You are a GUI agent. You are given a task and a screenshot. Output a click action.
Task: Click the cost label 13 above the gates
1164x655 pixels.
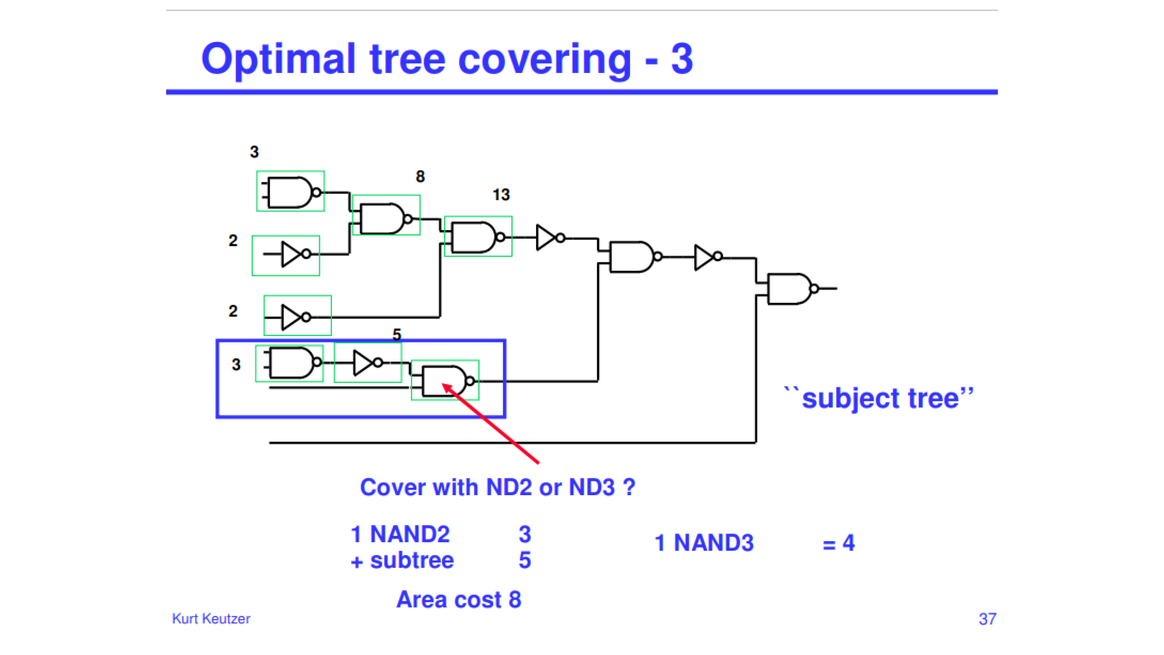[x=501, y=195]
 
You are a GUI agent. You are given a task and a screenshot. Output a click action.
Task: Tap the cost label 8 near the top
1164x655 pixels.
[x=420, y=176]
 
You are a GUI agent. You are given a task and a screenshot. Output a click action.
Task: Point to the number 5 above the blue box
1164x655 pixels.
[x=397, y=334]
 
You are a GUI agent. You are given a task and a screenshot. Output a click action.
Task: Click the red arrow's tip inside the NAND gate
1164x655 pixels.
[x=443, y=385]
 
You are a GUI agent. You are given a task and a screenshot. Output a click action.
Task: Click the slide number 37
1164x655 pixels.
[x=987, y=619]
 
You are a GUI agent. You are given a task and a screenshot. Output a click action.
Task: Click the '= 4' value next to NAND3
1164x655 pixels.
[x=839, y=543]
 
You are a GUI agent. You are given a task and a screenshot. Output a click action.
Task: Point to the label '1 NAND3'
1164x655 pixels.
[x=704, y=543]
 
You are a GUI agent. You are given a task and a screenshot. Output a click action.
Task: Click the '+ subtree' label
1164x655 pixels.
[x=402, y=560]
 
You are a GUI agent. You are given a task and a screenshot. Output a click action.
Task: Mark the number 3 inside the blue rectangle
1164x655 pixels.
[x=236, y=364]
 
